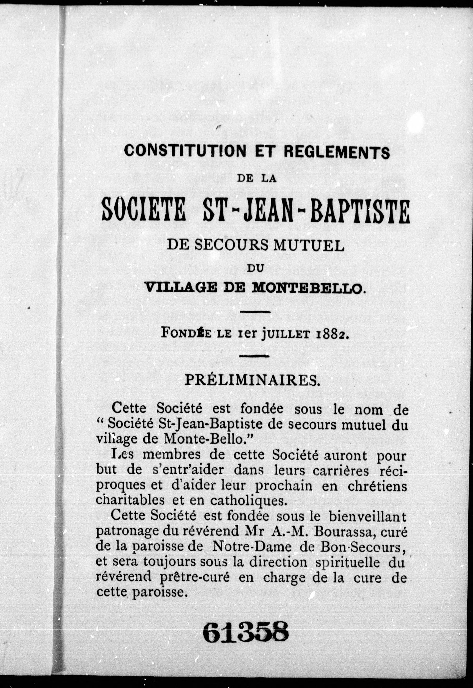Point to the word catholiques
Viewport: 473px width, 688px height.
click(x=249, y=501)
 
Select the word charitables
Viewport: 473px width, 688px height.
click(x=130, y=500)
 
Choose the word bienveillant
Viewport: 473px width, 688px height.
click(x=367, y=517)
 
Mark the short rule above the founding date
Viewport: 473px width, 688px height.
click(x=255, y=312)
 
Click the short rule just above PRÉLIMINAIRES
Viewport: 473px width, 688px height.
click(x=254, y=356)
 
